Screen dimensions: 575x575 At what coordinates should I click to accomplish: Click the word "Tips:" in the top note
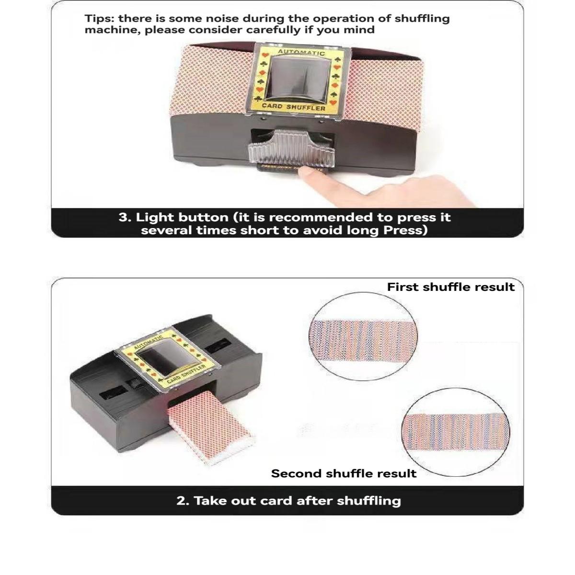100,19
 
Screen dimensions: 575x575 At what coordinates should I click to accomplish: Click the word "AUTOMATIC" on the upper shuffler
301,52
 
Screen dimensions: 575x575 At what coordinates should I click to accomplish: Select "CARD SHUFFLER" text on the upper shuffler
293,106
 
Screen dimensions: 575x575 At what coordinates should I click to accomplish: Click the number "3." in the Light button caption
125,218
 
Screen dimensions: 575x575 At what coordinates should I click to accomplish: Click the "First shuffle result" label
450,287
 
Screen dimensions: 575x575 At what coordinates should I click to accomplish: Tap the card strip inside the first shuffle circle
363,341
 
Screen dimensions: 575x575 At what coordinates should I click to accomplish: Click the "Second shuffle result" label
344,474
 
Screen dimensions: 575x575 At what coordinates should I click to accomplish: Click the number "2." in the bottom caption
184,501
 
